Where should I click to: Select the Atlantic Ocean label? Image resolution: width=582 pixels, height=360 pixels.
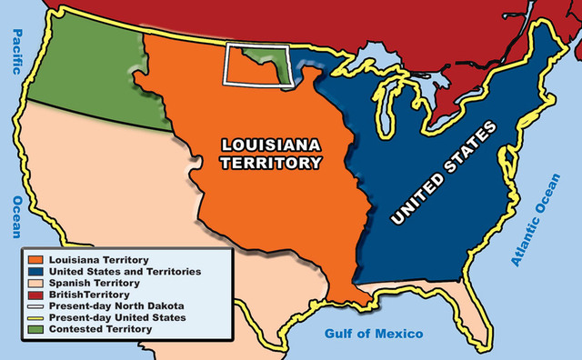point(542,219)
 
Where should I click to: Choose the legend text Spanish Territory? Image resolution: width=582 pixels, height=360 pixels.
point(96,284)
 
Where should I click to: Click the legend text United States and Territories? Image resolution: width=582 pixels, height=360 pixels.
point(124,272)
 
